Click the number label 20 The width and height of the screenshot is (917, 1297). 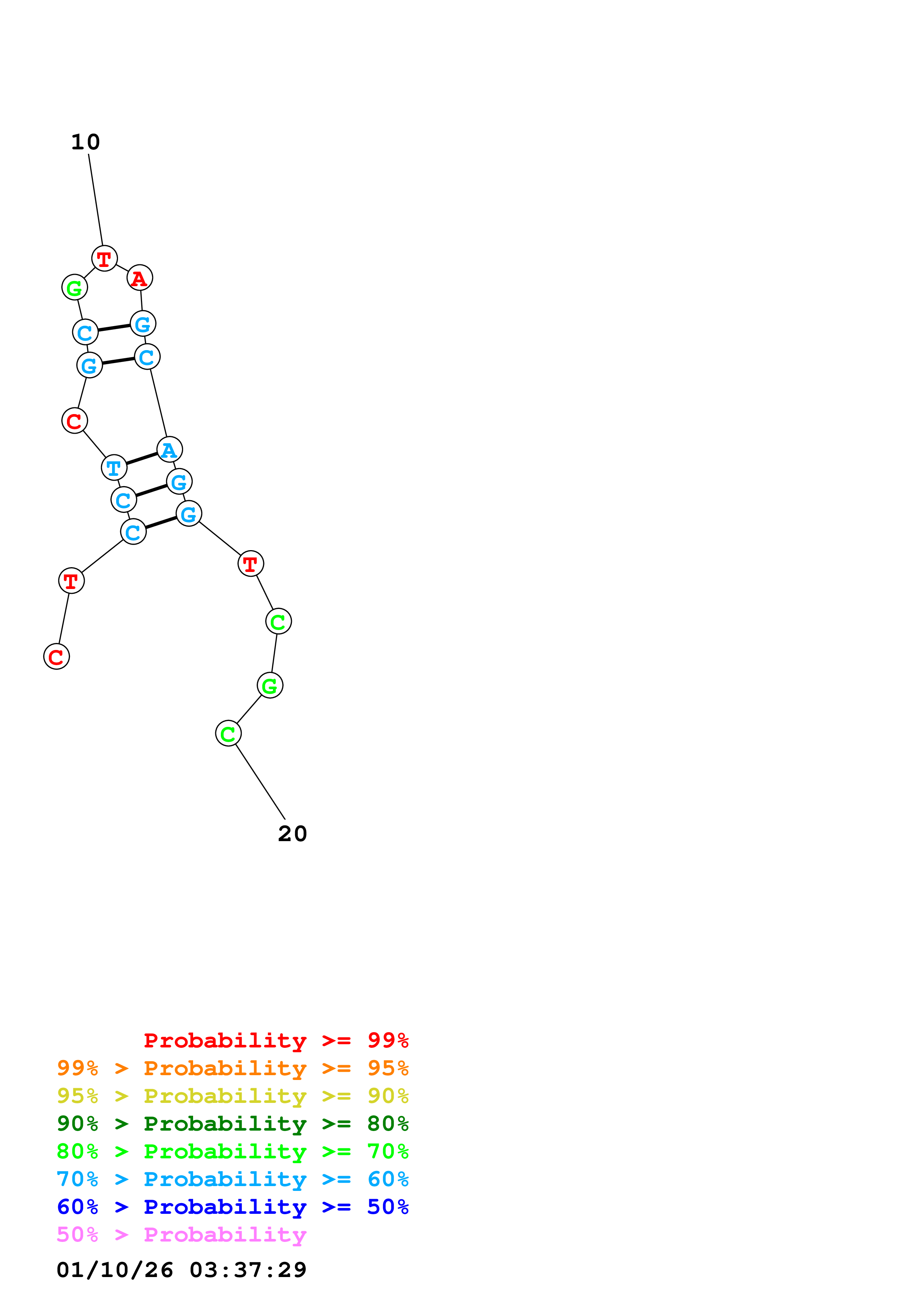[292, 833]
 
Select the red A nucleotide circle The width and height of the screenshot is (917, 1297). [139, 278]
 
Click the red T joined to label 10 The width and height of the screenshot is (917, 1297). [105, 259]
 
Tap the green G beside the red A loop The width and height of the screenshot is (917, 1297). [75, 288]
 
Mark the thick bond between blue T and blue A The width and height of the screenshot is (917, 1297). [142, 459]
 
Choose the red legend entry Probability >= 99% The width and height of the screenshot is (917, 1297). [276, 1040]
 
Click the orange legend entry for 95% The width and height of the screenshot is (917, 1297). [232, 1068]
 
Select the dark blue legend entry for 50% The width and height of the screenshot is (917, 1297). [232, 1207]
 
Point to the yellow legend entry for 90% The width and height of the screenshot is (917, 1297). [232, 1095]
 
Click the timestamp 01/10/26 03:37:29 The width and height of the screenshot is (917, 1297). [181, 1269]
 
